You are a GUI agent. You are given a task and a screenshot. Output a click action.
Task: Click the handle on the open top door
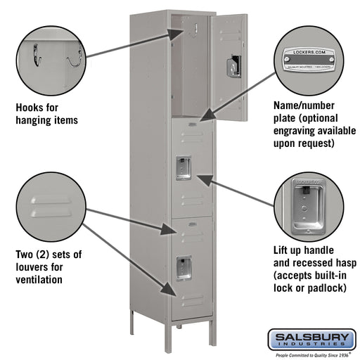point(229,66)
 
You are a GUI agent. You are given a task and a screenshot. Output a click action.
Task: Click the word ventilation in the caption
point(39,279)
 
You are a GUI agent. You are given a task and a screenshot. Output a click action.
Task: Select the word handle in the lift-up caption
point(316,250)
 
